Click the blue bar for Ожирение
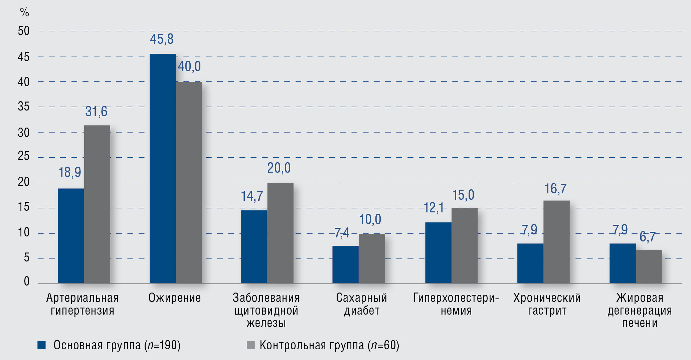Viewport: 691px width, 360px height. point(163,169)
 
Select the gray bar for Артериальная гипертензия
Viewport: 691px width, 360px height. point(97,204)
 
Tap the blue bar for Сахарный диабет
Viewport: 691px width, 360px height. point(345,264)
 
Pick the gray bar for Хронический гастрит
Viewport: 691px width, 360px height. point(556,242)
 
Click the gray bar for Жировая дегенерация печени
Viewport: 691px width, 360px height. point(649,266)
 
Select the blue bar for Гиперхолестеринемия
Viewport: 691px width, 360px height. point(438,253)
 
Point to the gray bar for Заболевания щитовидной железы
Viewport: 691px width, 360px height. point(280,233)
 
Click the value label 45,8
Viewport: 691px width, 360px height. point(162,39)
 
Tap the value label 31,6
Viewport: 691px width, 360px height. point(96,112)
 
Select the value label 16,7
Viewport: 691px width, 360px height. point(555,189)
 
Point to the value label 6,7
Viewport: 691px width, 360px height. point(647,237)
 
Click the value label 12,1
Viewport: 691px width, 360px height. point(434,208)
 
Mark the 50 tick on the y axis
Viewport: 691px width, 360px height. point(24,31)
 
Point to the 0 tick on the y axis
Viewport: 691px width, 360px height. point(27,282)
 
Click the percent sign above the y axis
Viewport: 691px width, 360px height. point(24,12)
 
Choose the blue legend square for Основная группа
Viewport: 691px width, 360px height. point(42,345)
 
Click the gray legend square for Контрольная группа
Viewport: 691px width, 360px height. point(250,345)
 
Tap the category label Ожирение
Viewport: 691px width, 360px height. point(175,298)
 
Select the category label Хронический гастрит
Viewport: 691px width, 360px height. point(547,304)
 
